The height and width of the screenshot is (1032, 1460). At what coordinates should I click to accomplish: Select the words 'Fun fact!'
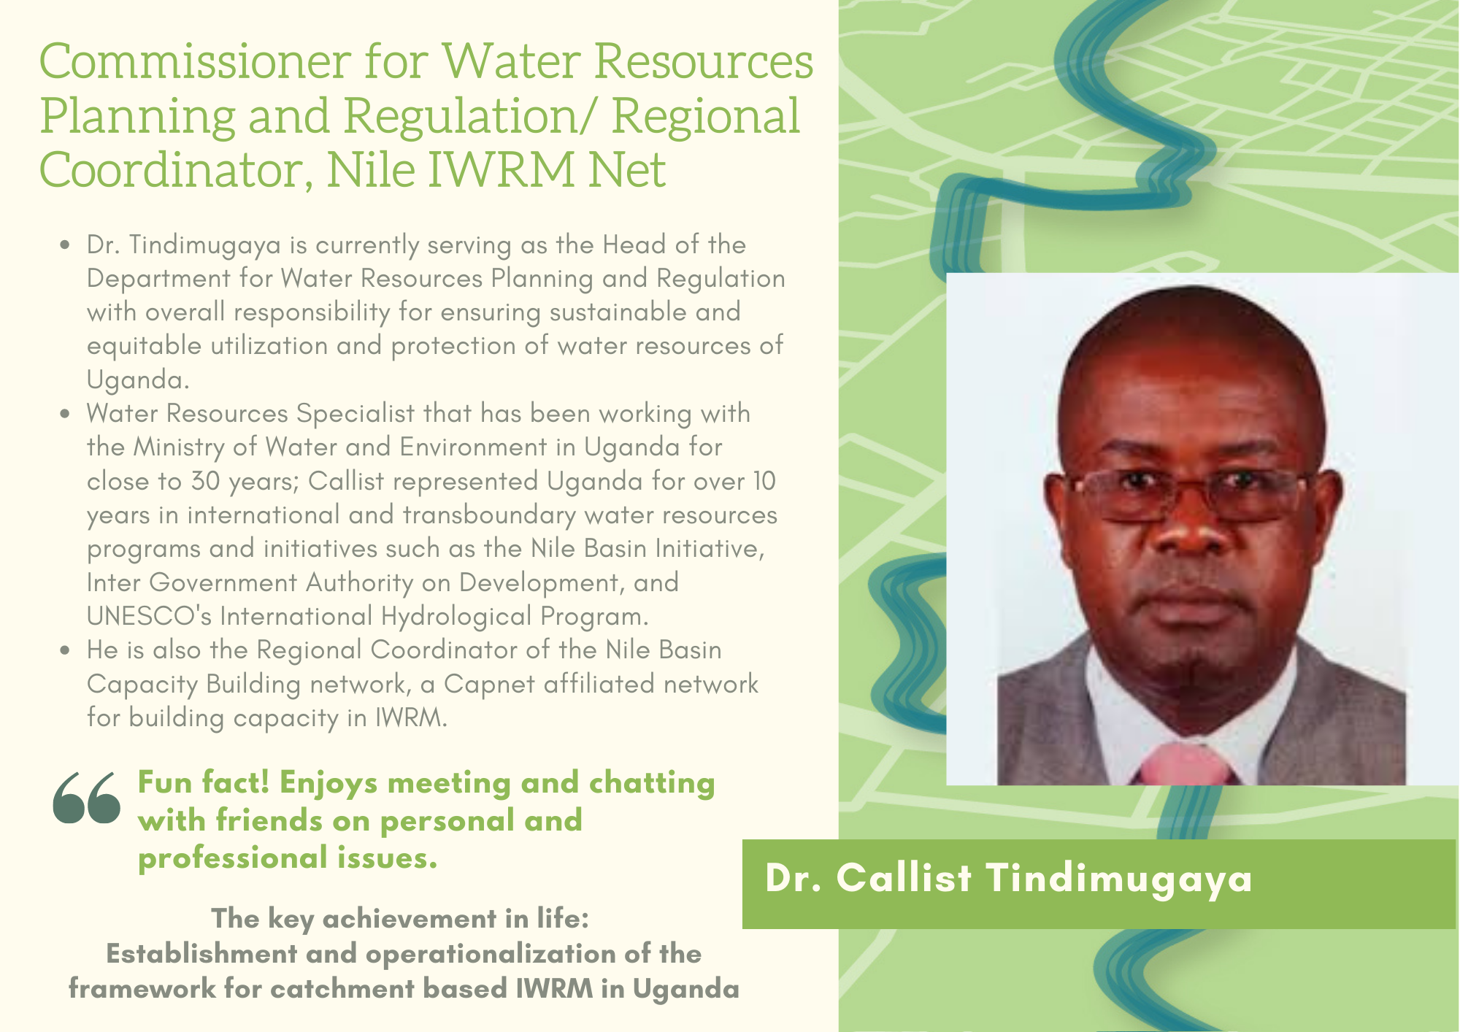tap(204, 782)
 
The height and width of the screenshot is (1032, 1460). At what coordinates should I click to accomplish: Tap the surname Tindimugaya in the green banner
tap(1120, 879)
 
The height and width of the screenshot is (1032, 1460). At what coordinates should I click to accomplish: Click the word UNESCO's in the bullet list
tap(149, 616)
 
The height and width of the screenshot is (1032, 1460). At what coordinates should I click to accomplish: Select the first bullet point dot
tap(66, 245)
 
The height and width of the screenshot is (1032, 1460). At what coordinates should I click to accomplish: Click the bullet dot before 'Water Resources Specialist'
tap(66, 414)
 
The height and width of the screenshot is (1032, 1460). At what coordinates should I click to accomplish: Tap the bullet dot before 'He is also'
tap(66, 650)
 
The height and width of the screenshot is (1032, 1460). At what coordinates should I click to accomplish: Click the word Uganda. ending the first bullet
tap(138, 380)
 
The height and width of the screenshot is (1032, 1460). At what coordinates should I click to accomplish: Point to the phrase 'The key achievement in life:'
tap(400, 918)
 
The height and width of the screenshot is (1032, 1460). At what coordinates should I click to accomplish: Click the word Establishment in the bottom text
tap(202, 953)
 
